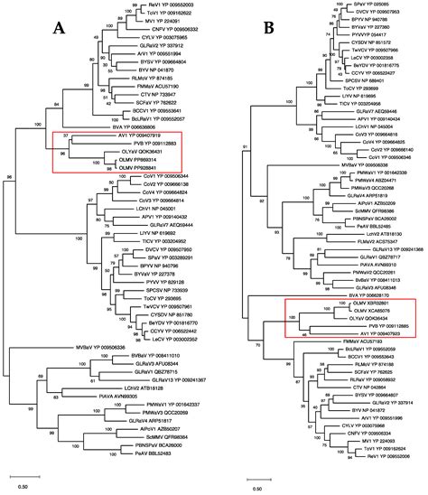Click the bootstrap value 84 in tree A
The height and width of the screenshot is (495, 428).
(x=57, y=106)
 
